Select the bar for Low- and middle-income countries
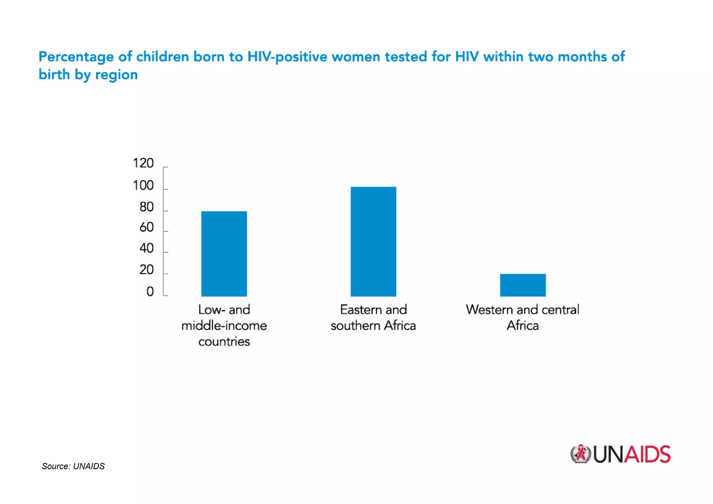click(x=224, y=254)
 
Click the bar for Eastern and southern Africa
click(x=373, y=241)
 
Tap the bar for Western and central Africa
click(x=523, y=285)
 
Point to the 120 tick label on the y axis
click(x=143, y=163)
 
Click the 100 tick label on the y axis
click(x=143, y=185)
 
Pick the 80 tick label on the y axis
click(x=146, y=207)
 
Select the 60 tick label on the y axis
click(x=146, y=227)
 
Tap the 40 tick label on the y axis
click(x=146, y=248)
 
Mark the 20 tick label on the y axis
click(x=146, y=270)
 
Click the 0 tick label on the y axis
click(x=150, y=292)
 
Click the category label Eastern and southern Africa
click(x=373, y=317)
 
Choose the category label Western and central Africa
click(x=523, y=317)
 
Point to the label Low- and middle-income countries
click(x=224, y=325)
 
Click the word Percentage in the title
click(x=76, y=57)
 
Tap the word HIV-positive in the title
click(x=287, y=57)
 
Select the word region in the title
click(x=116, y=75)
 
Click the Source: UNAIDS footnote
click(x=73, y=466)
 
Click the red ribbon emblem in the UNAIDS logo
click(x=580, y=454)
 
